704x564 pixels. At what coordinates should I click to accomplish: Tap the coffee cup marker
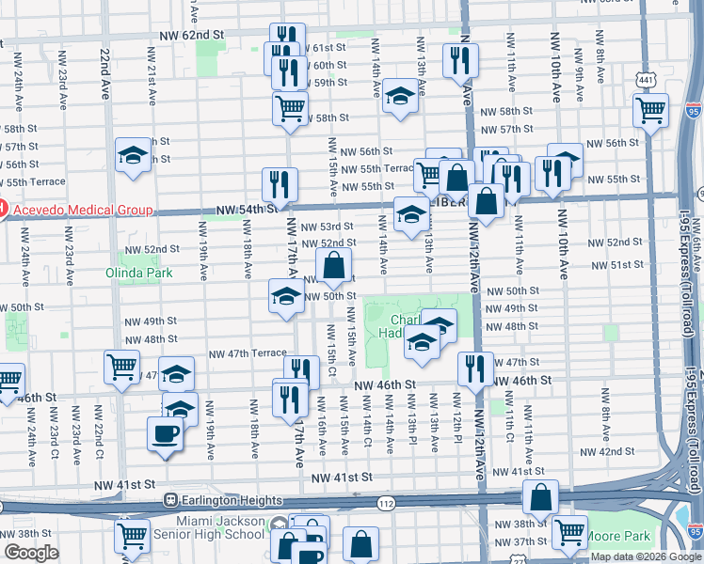click(166, 435)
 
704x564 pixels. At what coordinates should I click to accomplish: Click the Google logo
click(31, 553)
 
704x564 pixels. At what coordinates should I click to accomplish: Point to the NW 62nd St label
click(193, 35)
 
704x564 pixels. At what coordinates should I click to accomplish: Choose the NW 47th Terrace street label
click(248, 353)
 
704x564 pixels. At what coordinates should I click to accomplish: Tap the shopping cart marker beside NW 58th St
click(291, 107)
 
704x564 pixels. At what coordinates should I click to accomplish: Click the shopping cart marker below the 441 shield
click(651, 110)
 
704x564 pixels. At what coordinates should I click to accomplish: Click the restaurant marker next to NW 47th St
click(472, 368)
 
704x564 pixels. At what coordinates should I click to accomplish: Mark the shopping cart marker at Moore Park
click(568, 533)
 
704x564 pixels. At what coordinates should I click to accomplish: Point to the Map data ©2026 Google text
click(646, 556)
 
